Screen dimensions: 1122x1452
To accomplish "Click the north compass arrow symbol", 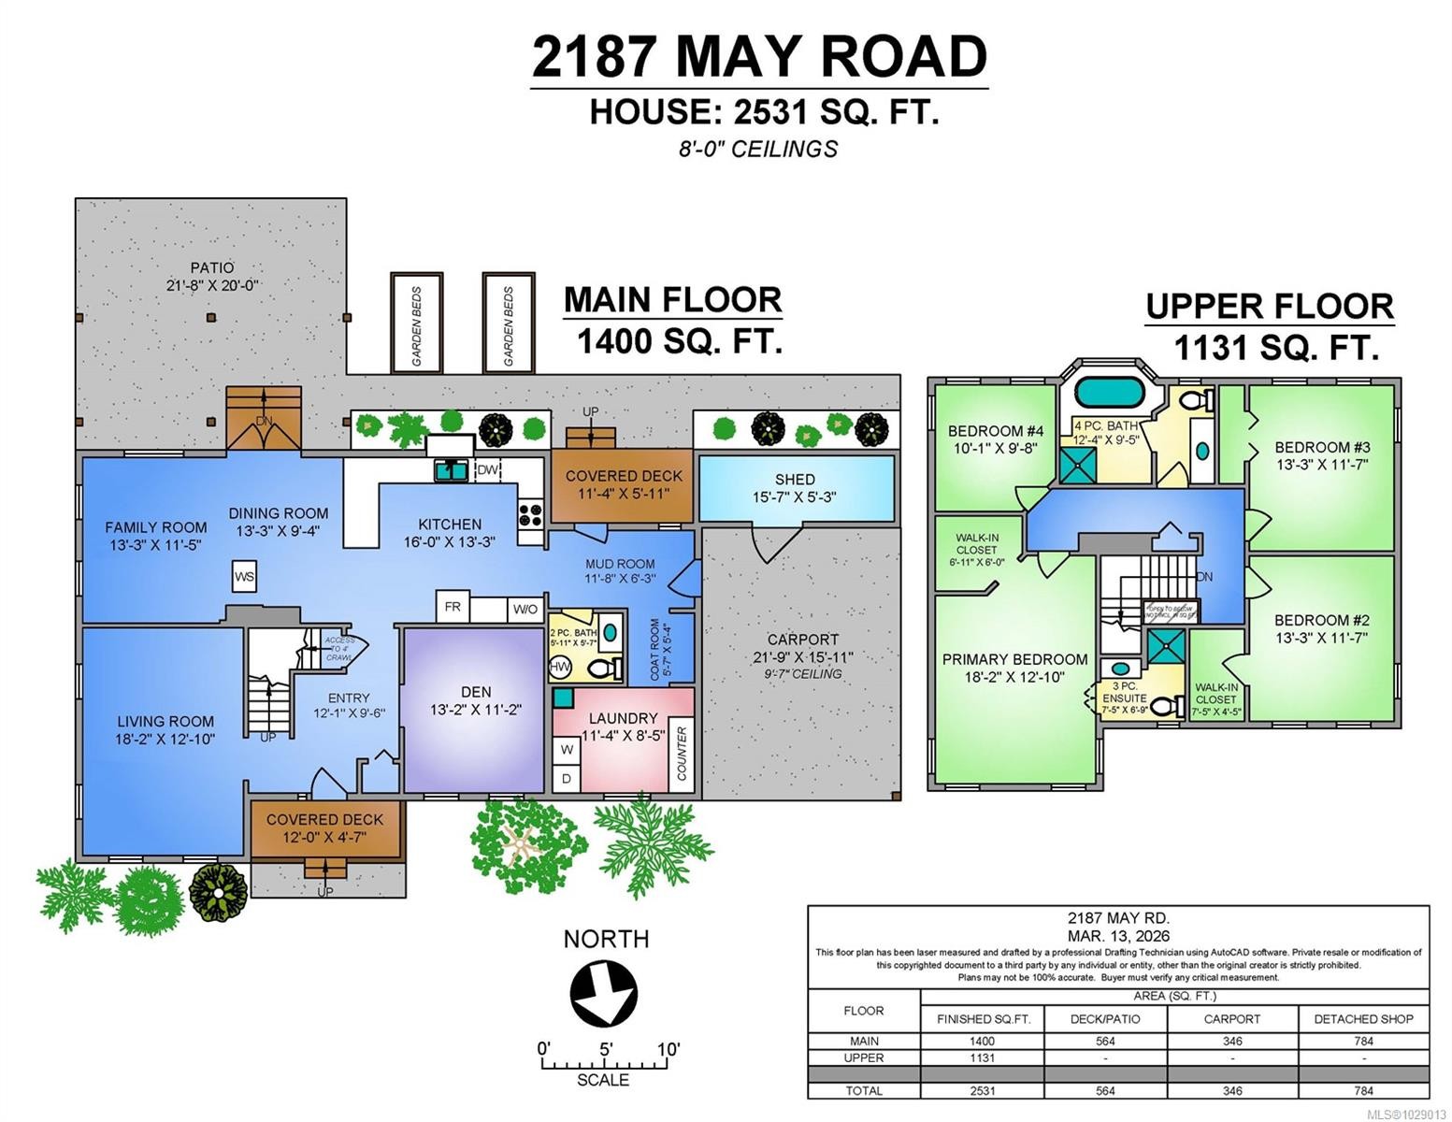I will [x=604, y=993].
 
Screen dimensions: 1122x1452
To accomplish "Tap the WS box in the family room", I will [x=244, y=576].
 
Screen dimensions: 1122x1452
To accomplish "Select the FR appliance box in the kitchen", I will [x=453, y=607].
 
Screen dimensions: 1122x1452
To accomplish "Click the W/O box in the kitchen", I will [x=525, y=609].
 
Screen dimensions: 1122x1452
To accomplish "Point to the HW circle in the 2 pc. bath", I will [x=560, y=667].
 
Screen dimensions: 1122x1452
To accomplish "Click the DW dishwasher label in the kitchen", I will [x=487, y=470].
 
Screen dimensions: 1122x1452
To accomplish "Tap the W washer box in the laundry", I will [x=566, y=749].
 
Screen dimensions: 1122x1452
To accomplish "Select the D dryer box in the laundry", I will [x=566, y=778].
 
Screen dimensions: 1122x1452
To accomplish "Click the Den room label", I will [x=475, y=692].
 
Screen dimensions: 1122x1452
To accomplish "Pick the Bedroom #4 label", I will [x=995, y=431].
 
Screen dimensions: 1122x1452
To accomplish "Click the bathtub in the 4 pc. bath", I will [x=1109, y=391].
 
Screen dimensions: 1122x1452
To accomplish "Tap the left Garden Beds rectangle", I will [x=416, y=324].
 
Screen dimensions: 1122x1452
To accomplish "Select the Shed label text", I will [x=794, y=479].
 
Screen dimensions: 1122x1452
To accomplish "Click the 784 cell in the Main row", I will [x=1362, y=1041].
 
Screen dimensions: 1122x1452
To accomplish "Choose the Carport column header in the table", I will [x=1231, y=1018].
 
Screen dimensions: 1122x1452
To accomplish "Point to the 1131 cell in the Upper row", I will [x=982, y=1057].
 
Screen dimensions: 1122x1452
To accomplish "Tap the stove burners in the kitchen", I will [x=531, y=512].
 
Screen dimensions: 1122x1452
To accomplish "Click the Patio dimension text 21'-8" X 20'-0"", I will [x=212, y=286].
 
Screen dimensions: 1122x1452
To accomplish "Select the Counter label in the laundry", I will [x=682, y=754].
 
